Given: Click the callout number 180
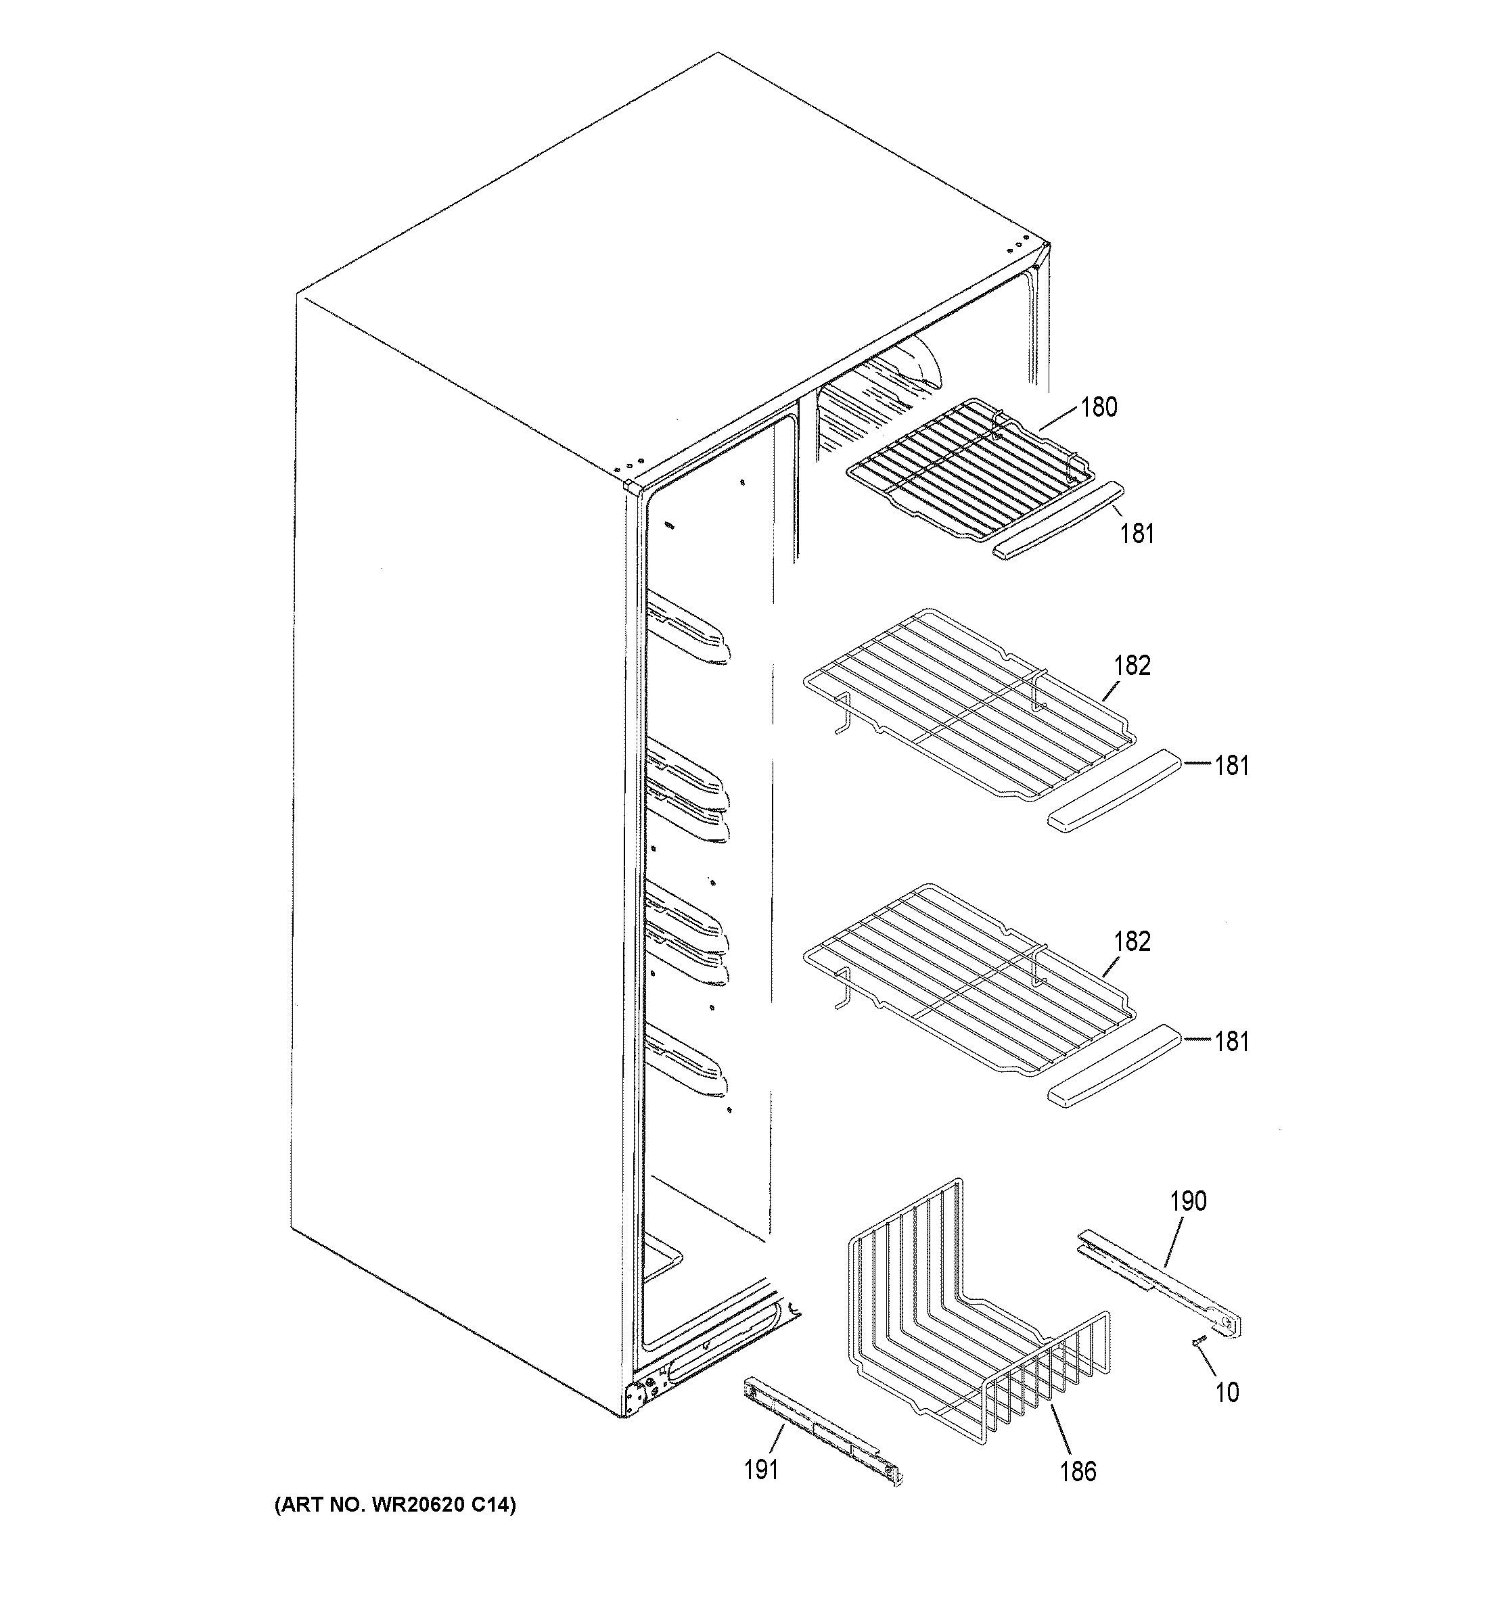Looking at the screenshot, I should (1099, 407).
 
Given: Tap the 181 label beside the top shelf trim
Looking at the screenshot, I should (1137, 534).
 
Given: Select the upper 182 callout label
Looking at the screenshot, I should (1132, 666).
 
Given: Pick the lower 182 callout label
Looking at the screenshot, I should (1132, 941).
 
